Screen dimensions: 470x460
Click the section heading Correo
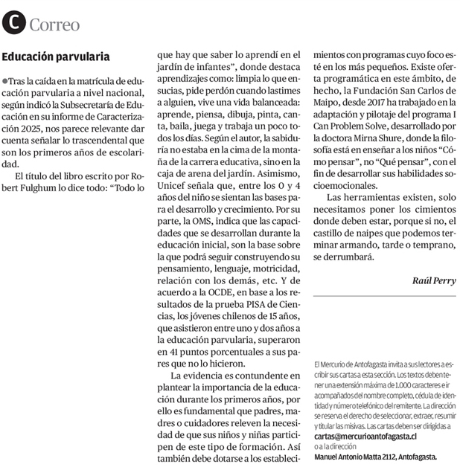click(x=54, y=25)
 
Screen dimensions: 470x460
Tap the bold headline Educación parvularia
click(x=56, y=57)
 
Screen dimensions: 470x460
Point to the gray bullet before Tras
click(x=5, y=80)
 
